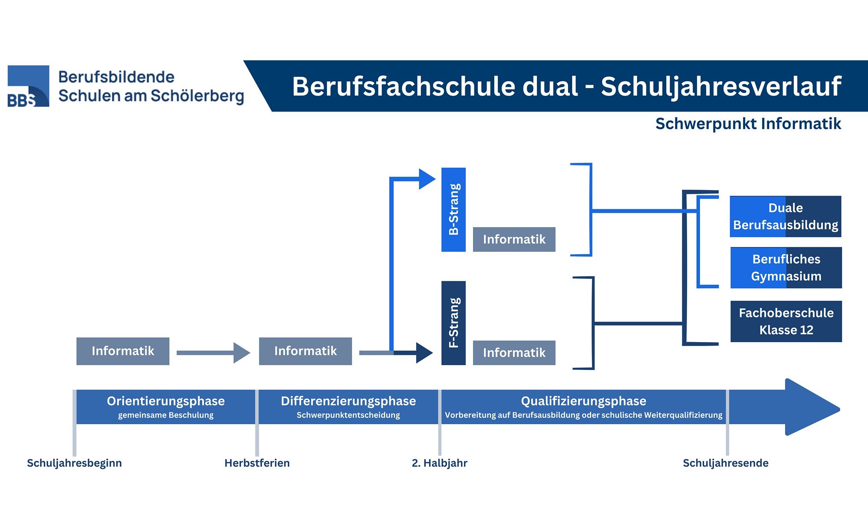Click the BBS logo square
(x=28, y=86)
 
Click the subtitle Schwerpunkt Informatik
(x=748, y=124)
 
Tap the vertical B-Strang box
(x=454, y=209)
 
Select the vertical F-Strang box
(x=454, y=323)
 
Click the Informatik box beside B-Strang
(x=514, y=239)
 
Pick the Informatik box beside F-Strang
(x=514, y=353)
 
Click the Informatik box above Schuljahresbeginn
(x=123, y=351)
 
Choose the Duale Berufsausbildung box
(x=786, y=216)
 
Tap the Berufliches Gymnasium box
(x=786, y=267)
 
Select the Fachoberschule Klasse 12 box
(x=786, y=321)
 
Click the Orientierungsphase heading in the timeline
(x=166, y=401)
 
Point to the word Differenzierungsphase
(x=348, y=401)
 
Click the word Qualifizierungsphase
(x=583, y=401)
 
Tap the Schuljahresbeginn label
(x=74, y=463)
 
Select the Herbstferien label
(x=257, y=463)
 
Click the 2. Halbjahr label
(x=439, y=463)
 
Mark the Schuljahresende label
(x=726, y=463)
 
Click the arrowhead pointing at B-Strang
(x=426, y=179)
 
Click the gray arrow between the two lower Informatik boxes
(x=213, y=353)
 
